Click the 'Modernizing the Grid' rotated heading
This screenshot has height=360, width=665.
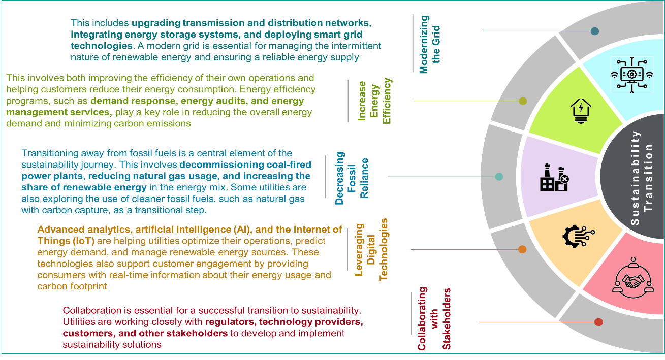click(430, 44)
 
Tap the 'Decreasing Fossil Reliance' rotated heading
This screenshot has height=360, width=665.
click(352, 178)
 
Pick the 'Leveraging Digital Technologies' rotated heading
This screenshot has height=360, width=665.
click(371, 249)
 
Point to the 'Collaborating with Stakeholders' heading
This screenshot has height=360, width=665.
click(434, 319)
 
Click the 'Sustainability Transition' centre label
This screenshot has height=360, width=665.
click(641, 178)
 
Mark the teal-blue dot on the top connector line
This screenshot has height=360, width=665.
click(595, 31)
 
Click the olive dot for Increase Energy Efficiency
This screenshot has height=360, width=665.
click(523, 101)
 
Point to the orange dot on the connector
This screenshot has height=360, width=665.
click(522, 249)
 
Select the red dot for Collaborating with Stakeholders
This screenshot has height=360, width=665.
click(598, 322)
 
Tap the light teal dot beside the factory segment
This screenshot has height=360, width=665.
click(499, 177)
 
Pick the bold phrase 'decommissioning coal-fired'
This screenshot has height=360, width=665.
click(245, 165)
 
